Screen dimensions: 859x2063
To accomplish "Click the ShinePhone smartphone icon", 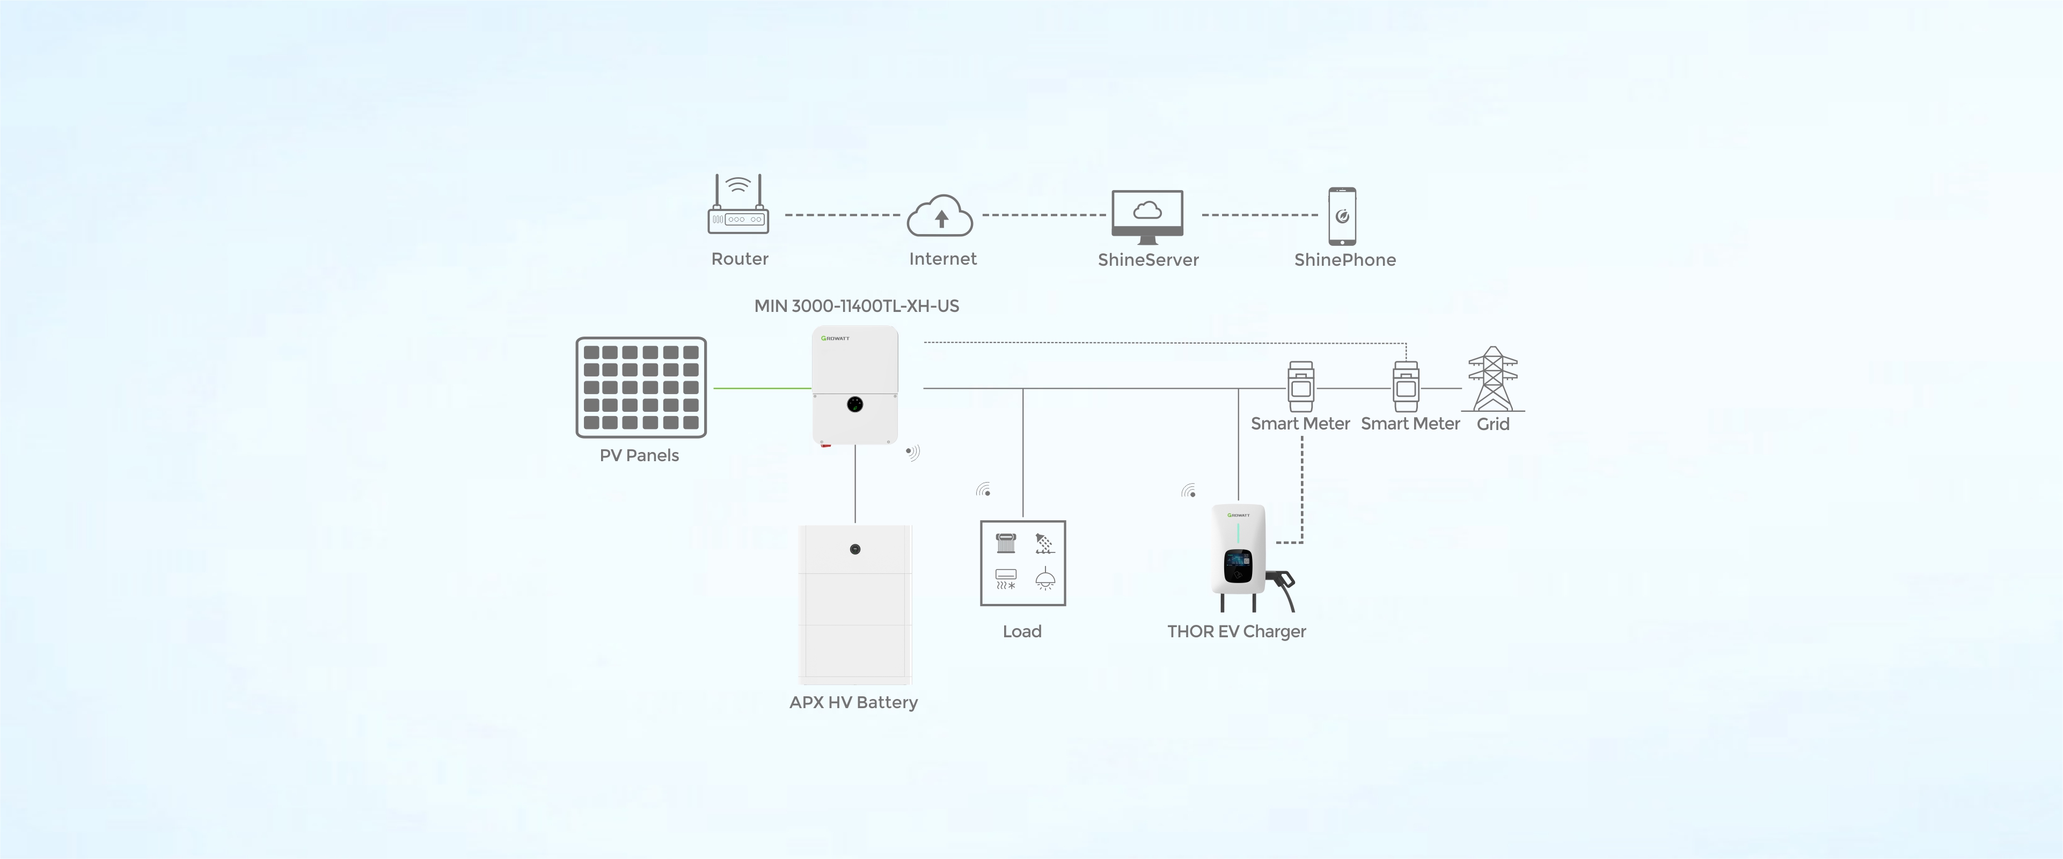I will click(x=1342, y=216).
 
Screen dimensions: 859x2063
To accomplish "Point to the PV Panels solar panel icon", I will click(x=641, y=387).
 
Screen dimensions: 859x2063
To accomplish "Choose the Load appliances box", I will click(x=1023, y=563).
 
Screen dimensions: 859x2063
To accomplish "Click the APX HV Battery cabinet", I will click(x=855, y=605).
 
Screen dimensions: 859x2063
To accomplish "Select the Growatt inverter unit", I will click(x=855, y=384).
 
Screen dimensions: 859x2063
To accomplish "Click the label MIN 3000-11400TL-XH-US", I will click(x=856, y=306).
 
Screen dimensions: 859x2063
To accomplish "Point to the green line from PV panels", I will click(x=761, y=389).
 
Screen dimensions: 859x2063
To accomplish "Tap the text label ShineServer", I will click(x=1147, y=260).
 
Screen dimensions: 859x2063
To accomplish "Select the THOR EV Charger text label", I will click(x=1236, y=631).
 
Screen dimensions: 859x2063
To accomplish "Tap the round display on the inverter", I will click(x=855, y=405).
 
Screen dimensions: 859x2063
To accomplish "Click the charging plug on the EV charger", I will click(x=1284, y=581).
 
